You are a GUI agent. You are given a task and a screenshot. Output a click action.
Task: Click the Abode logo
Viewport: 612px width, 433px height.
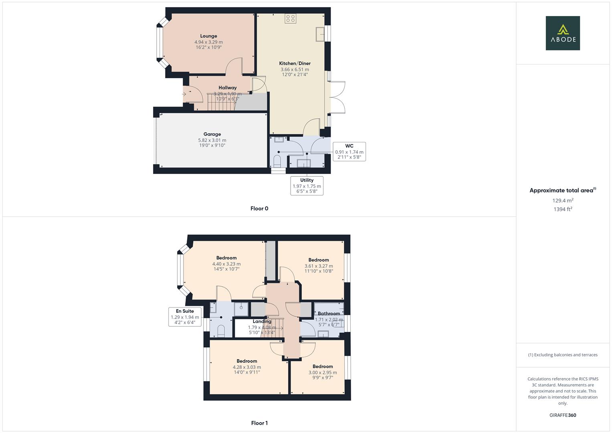click(x=562, y=33)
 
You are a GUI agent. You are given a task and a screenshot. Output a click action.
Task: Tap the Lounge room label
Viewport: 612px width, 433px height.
click(x=208, y=36)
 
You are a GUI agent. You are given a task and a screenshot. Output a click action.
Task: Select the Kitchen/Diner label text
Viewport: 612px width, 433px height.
click(x=295, y=63)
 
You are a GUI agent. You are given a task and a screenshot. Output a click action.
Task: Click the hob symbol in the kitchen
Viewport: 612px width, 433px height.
click(x=290, y=18)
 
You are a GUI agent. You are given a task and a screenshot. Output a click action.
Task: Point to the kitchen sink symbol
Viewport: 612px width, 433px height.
click(x=320, y=34)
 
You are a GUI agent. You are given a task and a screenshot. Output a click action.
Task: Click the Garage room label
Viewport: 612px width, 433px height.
click(x=212, y=134)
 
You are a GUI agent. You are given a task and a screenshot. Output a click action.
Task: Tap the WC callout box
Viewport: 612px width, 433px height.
click(x=349, y=152)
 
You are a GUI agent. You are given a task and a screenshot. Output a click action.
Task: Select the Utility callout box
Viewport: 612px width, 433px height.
click(x=307, y=186)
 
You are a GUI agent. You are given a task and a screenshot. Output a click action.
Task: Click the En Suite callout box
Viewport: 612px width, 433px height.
click(x=185, y=317)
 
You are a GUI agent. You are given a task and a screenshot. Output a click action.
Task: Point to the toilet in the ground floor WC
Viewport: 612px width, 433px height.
click(x=277, y=162)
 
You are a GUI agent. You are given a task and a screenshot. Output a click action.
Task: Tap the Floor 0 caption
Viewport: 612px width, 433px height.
click(x=259, y=208)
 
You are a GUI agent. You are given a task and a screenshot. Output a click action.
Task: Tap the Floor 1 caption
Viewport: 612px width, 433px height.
click(x=259, y=423)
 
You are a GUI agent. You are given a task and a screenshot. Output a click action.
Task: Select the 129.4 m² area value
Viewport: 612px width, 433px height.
click(x=563, y=200)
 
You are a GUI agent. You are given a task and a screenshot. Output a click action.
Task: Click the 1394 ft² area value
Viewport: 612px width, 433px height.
click(x=563, y=209)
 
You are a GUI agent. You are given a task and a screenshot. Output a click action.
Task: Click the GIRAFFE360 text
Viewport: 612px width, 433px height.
click(x=563, y=415)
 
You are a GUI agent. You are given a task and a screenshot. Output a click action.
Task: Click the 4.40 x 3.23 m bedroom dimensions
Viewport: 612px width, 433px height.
click(x=226, y=264)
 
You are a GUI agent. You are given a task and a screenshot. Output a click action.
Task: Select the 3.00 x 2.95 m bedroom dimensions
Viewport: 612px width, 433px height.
click(x=323, y=372)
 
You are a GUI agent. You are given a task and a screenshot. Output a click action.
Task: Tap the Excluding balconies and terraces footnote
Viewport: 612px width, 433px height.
click(x=563, y=355)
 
